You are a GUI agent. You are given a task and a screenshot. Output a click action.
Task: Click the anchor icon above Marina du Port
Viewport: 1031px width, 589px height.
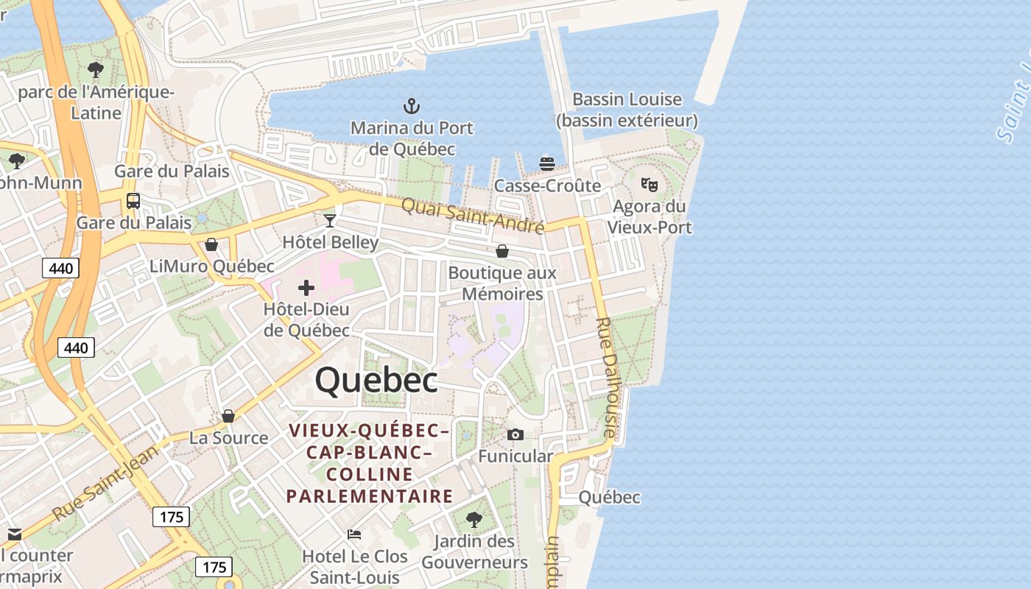[411, 107]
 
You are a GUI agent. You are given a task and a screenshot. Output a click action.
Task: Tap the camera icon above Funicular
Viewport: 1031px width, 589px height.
[515, 435]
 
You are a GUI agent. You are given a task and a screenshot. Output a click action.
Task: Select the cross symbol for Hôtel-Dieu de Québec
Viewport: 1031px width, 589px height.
[306, 288]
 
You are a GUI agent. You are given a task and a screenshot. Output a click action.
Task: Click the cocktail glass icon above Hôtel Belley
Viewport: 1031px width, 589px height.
[330, 220]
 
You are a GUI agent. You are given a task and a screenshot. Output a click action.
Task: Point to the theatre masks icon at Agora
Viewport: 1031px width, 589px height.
[649, 184]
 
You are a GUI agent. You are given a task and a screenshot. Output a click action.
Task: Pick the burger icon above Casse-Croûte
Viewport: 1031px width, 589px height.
[547, 163]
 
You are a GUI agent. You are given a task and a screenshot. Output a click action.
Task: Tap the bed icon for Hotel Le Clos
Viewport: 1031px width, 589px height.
[354, 535]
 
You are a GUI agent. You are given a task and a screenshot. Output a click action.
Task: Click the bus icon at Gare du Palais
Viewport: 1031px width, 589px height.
[133, 200]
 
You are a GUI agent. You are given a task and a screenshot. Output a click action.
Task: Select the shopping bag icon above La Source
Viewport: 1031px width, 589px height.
[228, 416]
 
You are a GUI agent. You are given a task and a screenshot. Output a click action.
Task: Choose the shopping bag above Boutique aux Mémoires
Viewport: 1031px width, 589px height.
[502, 251]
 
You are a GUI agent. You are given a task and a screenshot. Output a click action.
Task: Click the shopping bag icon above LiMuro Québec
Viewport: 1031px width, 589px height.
[211, 244]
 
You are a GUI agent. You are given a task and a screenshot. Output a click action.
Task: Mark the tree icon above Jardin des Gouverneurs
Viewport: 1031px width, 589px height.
[474, 520]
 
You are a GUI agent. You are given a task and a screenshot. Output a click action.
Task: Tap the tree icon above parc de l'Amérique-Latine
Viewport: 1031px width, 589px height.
[95, 71]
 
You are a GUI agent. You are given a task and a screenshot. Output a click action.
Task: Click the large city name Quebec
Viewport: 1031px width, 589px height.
[376, 381]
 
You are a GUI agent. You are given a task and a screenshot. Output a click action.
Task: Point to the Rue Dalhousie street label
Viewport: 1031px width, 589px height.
[605, 378]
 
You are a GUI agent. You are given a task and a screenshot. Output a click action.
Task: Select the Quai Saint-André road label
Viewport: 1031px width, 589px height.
[473, 215]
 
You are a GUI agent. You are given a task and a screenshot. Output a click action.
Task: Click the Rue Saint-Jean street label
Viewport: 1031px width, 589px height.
[106, 482]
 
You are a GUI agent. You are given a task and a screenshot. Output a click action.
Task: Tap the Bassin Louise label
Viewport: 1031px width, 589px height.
[627, 99]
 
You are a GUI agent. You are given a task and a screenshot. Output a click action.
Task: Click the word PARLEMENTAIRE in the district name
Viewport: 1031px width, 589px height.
[370, 496]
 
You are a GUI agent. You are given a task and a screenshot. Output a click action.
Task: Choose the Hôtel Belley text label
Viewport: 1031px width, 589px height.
[331, 242]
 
